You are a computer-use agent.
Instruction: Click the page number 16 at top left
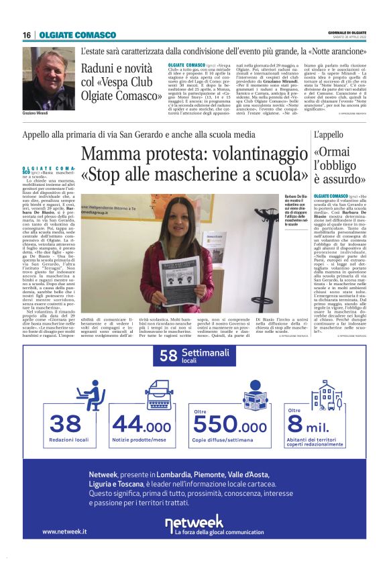click(x=27, y=35)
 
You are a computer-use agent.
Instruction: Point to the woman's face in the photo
click(x=177, y=211)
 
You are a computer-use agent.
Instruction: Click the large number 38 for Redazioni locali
click(x=66, y=425)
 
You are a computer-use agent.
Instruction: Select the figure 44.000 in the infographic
click(x=142, y=425)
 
